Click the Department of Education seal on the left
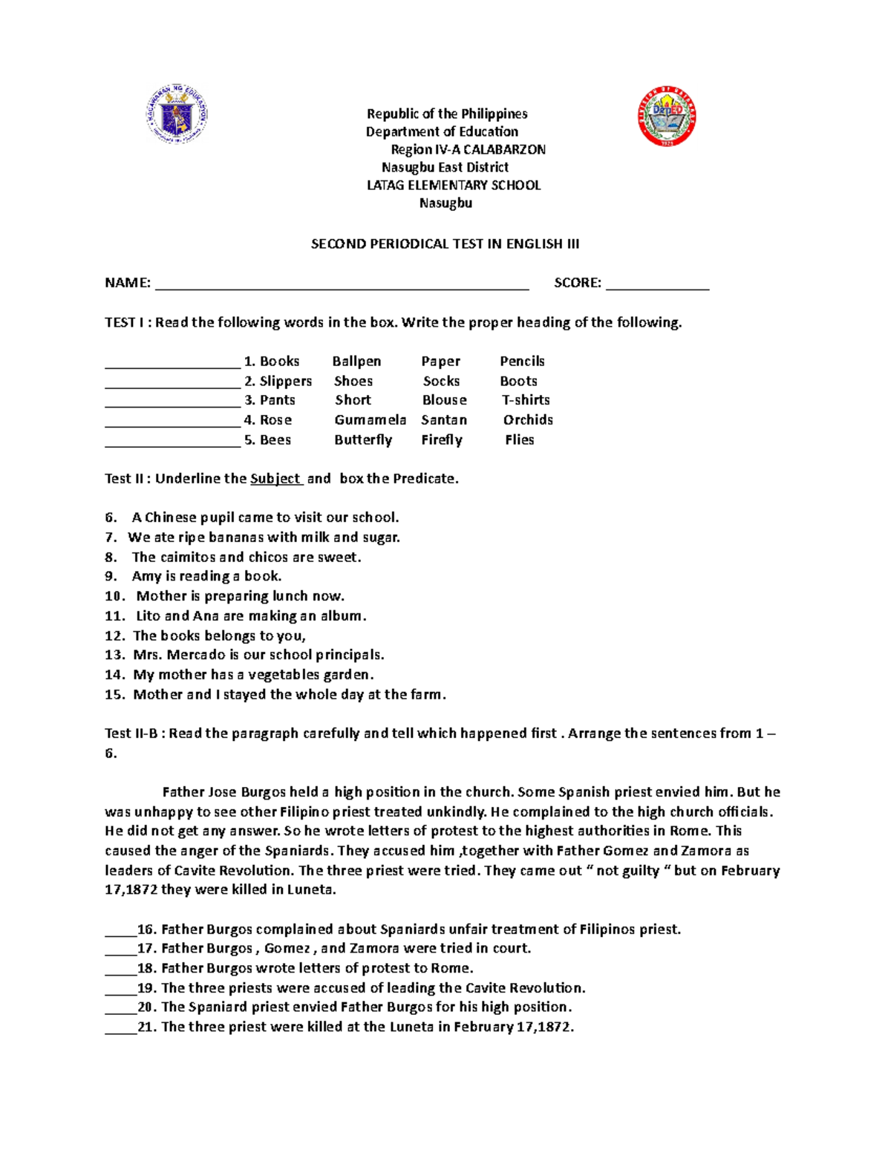coord(177,114)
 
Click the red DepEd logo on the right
coord(667,117)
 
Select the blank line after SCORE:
coord(657,284)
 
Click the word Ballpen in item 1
coord(356,362)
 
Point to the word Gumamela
coord(370,420)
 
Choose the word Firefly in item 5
coord(442,440)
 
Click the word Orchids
coord(528,420)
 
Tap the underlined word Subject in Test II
coord(275,479)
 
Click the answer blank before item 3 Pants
coord(173,402)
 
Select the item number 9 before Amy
coord(111,576)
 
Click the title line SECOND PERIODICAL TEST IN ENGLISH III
coord(445,244)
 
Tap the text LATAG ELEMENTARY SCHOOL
coord(454,186)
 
